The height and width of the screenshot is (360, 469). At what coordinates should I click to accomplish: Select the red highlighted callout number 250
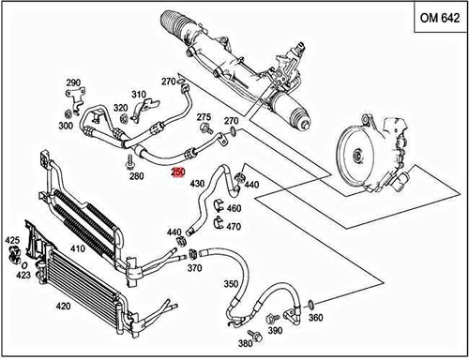177,172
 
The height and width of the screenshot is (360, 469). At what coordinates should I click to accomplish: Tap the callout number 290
73,83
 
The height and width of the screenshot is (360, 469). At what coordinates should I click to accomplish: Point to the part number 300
66,126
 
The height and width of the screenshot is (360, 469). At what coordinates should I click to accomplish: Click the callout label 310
139,94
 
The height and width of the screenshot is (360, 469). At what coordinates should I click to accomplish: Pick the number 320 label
121,108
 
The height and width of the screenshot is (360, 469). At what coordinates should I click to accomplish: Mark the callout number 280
136,175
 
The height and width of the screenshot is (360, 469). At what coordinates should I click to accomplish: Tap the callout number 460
234,208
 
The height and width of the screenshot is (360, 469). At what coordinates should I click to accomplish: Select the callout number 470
234,227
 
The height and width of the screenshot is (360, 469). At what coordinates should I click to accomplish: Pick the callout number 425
11,241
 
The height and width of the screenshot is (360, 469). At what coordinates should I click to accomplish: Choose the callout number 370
194,268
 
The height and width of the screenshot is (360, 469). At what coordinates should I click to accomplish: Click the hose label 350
230,283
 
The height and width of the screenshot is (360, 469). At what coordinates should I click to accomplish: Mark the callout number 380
245,344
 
